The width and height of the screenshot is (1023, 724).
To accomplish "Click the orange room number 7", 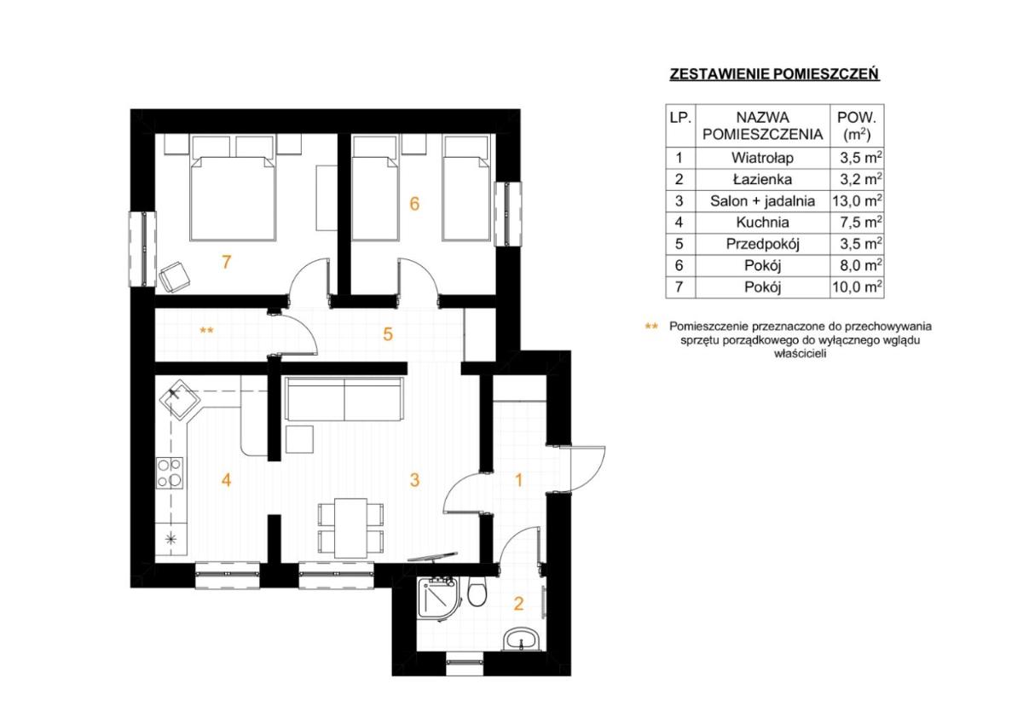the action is pyautogui.click(x=226, y=262).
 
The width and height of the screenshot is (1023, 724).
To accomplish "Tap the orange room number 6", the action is pyautogui.click(x=414, y=204).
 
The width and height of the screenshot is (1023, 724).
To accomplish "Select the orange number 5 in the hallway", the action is pyautogui.click(x=388, y=334).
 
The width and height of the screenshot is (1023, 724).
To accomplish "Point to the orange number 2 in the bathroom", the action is pyautogui.click(x=518, y=604).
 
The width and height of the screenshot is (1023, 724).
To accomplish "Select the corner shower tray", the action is pyautogui.click(x=436, y=599).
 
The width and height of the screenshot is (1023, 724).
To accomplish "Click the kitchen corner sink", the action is pyautogui.click(x=180, y=399).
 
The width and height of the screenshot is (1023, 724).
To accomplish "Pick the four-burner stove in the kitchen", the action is pyautogui.click(x=170, y=472).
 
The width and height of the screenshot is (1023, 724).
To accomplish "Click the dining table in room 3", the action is pyautogui.click(x=350, y=528).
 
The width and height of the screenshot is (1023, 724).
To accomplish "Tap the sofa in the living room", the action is pyautogui.click(x=344, y=398).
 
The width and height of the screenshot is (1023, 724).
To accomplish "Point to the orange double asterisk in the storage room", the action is pyautogui.click(x=206, y=330).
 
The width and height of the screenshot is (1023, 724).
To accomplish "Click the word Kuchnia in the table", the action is pyautogui.click(x=762, y=223).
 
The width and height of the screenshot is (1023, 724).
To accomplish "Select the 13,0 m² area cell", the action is pyautogui.click(x=857, y=201).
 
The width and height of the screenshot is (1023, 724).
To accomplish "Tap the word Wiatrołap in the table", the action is pyautogui.click(x=762, y=158).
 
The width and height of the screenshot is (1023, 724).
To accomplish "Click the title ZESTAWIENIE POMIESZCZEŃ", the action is pyautogui.click(x=774, y=74).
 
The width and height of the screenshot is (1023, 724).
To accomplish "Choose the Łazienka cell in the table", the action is pyautogui.click(x=762, y=180).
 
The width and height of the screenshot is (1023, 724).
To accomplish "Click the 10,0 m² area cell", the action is pyautogui.click(x=857, y=287).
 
